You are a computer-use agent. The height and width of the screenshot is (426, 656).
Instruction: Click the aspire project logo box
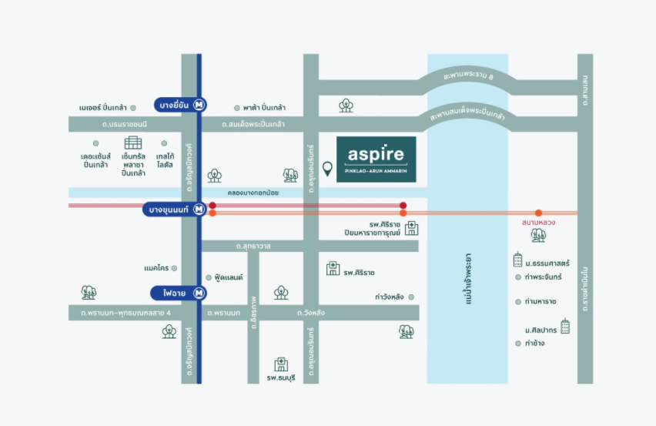pyautogui.click(x=376, y=159)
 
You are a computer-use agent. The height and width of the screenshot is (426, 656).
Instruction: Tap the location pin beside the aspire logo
pyautogui.click(x=327, y=169)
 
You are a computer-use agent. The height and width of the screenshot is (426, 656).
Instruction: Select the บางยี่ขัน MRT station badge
pyautogui.click(x=180, y=105)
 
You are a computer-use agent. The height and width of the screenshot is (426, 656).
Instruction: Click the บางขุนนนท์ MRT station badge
pyautogui.click(x=175, y=210)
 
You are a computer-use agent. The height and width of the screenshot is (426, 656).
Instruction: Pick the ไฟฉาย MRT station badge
pyautogui.click(x=179, y=293)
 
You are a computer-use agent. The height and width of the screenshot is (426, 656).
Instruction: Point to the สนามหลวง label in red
pyautogui.click(x=538, y=222)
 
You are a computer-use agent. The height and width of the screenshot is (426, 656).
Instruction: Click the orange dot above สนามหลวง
pyautogui.click(x=538, y=213)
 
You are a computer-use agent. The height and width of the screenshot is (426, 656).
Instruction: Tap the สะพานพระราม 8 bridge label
pyautogui.click(x=468, y=75)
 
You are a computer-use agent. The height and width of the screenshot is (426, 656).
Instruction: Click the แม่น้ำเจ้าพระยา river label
pyautogui.click(x=468, y=279)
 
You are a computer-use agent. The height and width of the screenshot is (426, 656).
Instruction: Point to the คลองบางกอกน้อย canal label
pyautogui.click(x=253, y=193)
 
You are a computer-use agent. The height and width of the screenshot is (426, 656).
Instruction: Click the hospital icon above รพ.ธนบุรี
pyautogui.click(x=281, y=364)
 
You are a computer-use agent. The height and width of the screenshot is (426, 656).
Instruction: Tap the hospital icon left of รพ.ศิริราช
pyautogui.click(x=333, y=268)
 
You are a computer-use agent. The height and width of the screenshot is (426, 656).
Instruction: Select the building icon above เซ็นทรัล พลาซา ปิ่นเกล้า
pyautogui.click(x=133, y=143)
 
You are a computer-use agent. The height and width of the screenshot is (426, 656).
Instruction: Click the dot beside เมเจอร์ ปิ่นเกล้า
pyautogui.click(x=133, y=108)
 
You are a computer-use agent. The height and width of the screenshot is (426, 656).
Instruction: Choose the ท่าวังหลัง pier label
pyautogui.click(x=389, y=297)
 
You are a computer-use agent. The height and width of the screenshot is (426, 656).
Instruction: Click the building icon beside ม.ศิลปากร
pyautogui.click(x=565, y=326)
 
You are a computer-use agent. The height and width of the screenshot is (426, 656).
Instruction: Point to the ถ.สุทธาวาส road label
pyautogui.click(x=253, y=246)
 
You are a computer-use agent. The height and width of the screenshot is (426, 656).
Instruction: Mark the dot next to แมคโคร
pyautogui.click(x=175, y=268)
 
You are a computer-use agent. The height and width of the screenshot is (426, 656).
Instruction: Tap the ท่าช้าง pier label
pyautogui.click(x=534, y=343)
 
